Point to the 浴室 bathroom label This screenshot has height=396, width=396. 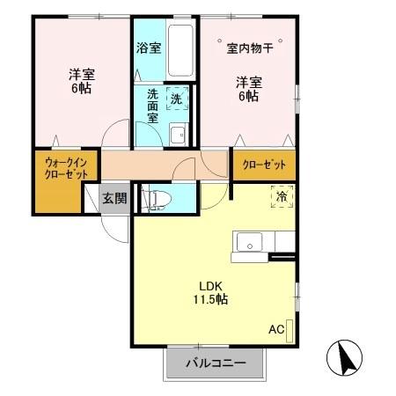tap(149, 48)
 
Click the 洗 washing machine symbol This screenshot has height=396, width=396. tap(177, 99)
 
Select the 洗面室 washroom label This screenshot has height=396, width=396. tap(153, 106)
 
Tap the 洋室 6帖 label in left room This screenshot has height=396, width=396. tap(82, 81)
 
